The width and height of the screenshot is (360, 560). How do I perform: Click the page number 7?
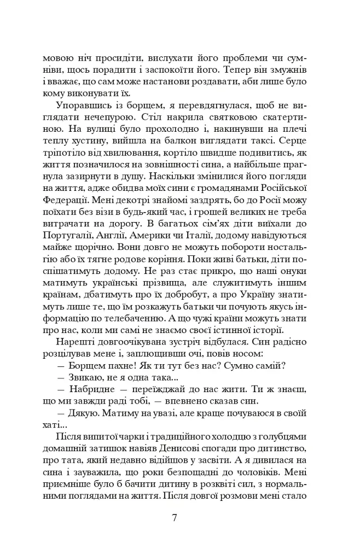pyautogui.click(x=174, y=518)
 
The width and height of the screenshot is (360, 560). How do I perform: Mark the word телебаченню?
pyautogui.click(x=159, y=314)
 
